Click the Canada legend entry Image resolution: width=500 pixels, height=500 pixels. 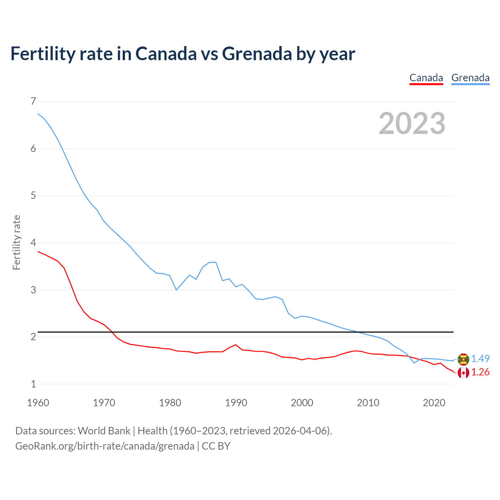426,78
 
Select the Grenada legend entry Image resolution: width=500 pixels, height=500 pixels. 470,78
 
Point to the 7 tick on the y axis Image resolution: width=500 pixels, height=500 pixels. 33,102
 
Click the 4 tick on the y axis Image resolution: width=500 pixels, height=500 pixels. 33,243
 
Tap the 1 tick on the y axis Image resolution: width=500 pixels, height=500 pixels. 33,384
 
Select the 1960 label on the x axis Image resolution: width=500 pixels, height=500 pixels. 38,403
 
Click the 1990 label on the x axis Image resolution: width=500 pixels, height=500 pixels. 236,403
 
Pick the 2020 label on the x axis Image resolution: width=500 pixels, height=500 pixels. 434,403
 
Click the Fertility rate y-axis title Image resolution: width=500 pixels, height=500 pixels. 16,242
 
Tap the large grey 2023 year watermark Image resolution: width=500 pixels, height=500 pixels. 412,123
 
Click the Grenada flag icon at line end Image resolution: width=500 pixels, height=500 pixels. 463,359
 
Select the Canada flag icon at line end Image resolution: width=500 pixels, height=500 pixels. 463,373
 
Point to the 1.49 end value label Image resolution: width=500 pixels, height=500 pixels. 480,359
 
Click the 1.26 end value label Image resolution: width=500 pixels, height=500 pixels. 480,372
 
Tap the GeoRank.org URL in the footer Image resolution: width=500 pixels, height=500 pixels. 105,446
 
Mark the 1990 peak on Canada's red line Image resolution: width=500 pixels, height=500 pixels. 236,345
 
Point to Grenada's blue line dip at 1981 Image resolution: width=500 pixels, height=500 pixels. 176,290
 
